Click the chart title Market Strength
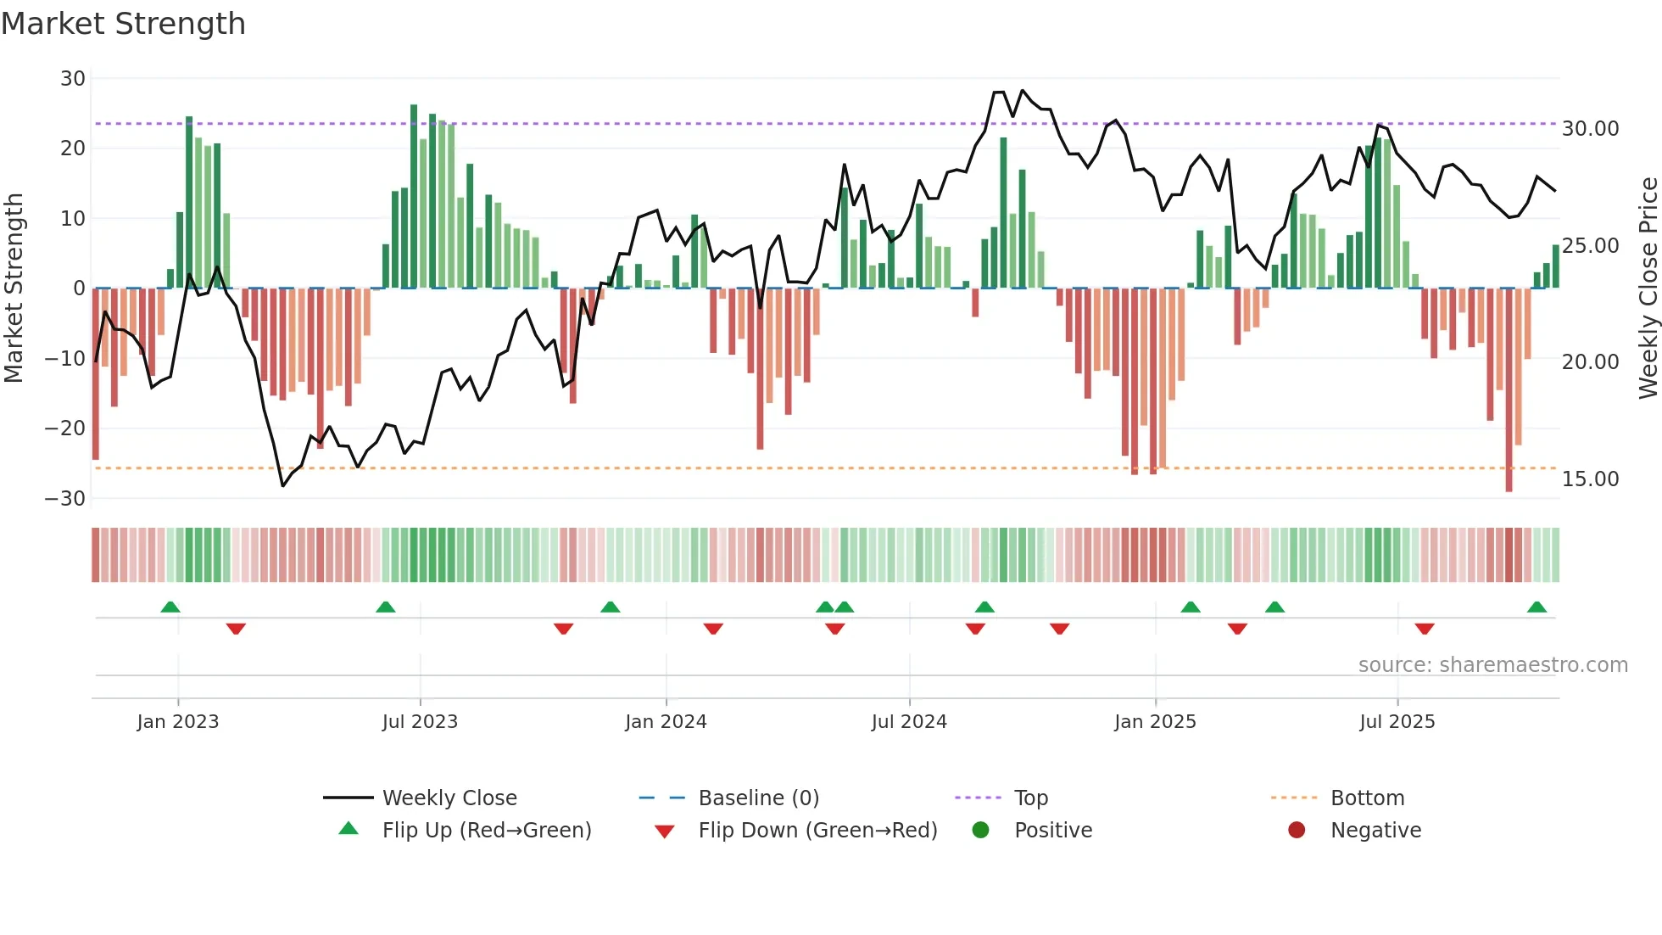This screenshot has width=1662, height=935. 124,24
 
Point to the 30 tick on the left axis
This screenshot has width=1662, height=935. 73,79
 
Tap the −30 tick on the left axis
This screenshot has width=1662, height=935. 66,499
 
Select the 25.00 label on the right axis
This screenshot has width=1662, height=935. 1590,246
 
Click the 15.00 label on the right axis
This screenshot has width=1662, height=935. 1590,479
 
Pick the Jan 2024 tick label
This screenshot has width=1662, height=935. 666,722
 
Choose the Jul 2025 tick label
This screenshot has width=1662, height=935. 1397,722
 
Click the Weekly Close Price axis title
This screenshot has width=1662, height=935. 1648,288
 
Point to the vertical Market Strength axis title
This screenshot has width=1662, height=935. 14,288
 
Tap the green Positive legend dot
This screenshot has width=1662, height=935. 981,831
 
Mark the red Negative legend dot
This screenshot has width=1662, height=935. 1297,831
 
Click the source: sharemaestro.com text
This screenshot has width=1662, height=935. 1492,665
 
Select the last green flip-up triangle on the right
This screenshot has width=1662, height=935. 1537,607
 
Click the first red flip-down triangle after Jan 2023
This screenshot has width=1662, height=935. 236,629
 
